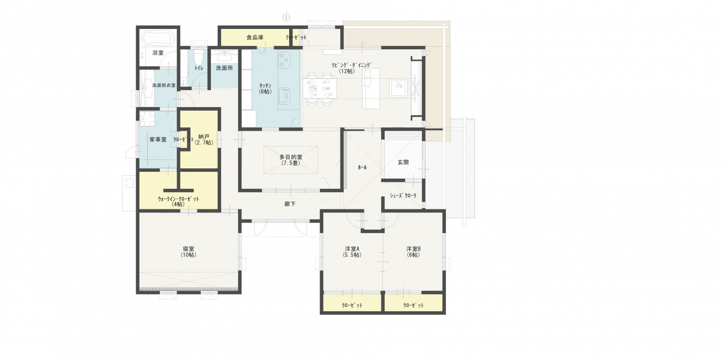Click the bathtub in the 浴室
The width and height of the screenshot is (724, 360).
158,38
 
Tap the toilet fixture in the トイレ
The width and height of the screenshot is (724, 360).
198,57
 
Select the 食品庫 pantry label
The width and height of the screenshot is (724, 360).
255,38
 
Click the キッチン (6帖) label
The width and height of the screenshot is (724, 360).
265,88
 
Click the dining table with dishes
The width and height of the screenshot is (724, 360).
320,88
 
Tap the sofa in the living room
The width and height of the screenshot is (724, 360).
371,88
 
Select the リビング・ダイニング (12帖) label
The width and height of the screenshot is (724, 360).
352,68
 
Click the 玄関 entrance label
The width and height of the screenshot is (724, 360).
403,162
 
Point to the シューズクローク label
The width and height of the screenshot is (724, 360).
403,195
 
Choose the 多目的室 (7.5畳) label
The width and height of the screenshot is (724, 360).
291,160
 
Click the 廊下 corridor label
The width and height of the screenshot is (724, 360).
290,204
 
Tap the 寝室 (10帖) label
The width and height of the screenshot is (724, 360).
189,252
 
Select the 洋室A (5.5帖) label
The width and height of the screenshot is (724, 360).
352,252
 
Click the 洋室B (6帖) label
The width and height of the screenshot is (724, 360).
413,252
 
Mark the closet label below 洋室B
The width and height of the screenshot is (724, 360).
413,305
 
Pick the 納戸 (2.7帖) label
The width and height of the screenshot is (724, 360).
204,139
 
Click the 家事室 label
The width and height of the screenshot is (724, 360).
158,139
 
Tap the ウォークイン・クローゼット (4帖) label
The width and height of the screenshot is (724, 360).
179,202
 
